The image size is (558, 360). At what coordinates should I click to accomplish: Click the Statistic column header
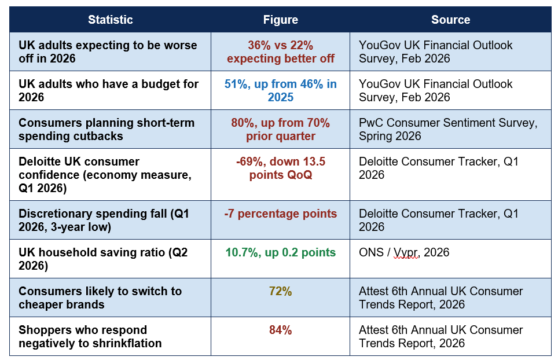pyautogui.click(x=111, y=20)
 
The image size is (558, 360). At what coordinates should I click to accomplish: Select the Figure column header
pyautogui.click(x=280, y=20)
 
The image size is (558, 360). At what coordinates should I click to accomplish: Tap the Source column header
pyautogui.click(x=450, y=20)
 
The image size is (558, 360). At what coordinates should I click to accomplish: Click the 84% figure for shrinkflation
pyautogui.click(x=280, y=330)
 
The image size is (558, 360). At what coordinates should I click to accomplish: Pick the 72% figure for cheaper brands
pyautogui.click(x=280, y=291)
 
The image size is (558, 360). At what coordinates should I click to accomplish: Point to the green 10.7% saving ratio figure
pyautogui.click(x=280, y=252)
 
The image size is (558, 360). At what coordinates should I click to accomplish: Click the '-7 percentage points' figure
pyautogui.click(x=280, y=214)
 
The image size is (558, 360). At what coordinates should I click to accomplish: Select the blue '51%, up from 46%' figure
pyautogui.click(x=280, y=90)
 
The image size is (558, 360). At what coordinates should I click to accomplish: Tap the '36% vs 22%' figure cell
pyautogui.click(x=280, y=52)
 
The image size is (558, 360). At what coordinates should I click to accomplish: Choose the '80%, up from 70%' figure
pyautogui.click(x=280, y=129)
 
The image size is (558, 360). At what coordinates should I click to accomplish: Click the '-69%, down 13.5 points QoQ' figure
pyautogui.click(x=280, y=168)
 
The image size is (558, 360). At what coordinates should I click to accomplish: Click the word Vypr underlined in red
pyautogui.click(x=405, y=252)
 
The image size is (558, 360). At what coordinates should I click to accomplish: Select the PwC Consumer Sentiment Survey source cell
pyautogui.click(x=448, y=129)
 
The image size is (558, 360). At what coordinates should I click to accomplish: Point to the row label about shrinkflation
pyautogui.click(x=90, y=336)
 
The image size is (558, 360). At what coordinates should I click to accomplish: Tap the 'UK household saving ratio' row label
pyautogui.click(x=103, y=259)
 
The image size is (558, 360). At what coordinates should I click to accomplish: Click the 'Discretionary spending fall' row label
pyautogui.click(x=104, y=220)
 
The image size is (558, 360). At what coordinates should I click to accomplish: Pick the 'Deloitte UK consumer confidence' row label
pyautogui.click(x=105, y=175)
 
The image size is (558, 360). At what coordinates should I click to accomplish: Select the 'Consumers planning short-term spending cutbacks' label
pyautogui.click(x=107, y=129)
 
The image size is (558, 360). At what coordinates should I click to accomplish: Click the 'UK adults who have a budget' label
pyautogui.click(x=109, y=90)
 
